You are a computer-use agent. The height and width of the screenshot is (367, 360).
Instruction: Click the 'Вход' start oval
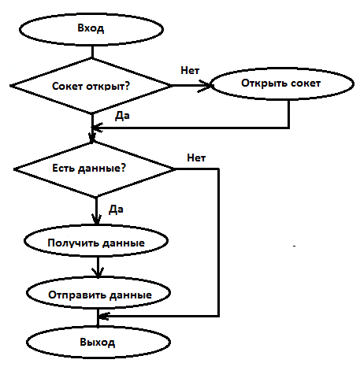91,29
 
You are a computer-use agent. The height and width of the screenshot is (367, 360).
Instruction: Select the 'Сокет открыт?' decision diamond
91,86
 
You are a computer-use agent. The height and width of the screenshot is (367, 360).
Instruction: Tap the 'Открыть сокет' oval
282,83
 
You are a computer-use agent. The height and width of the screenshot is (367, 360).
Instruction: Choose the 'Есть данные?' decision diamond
95,169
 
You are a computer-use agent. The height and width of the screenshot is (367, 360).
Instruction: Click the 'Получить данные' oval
96,241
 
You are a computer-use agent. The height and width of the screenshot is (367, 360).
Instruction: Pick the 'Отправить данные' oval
98,293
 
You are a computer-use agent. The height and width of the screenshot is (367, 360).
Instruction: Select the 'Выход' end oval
98,342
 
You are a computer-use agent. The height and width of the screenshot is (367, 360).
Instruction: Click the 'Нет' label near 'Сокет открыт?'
190,70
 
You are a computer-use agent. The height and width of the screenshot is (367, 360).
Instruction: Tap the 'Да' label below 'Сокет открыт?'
122,116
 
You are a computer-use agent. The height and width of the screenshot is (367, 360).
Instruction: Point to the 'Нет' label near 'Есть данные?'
196,158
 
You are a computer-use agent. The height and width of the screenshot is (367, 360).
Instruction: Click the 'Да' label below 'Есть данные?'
116,209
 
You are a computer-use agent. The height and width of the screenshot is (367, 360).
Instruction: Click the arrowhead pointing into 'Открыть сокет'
205,86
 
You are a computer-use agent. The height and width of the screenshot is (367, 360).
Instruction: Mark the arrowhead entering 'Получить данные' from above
97,219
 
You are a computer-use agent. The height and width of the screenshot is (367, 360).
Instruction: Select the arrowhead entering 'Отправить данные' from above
98,272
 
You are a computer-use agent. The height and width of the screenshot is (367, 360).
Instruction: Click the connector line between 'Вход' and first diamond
92,52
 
